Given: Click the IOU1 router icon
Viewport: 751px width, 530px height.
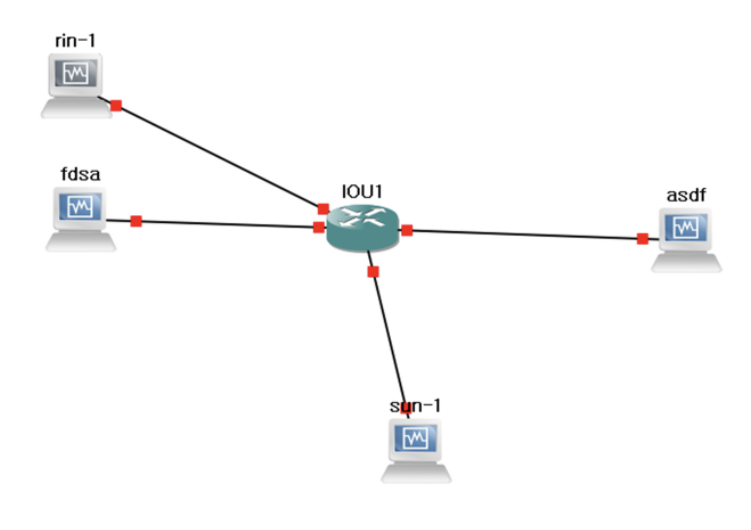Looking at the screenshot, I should pos(362,228).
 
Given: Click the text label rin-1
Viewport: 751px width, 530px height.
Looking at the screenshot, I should pos(75,41).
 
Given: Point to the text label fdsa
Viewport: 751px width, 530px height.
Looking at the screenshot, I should pos(80,174).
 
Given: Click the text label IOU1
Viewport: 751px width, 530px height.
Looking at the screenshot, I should pos(362,192).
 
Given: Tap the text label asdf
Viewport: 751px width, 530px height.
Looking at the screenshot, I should pos(686,195).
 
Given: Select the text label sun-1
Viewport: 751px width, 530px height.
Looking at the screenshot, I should pos(415,406).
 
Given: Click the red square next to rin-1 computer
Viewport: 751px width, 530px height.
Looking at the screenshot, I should pos(116,106).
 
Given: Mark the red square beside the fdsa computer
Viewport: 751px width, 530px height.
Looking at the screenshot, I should pos(136,221).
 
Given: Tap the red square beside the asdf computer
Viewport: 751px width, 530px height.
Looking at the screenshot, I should pos(642,239).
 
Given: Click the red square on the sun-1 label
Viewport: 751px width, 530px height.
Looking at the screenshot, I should pos(406,408).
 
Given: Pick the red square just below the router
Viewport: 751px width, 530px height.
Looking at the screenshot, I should pos(373,272).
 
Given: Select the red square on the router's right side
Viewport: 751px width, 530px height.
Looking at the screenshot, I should pos(407,230).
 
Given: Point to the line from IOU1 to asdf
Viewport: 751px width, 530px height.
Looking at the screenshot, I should pos(526,234).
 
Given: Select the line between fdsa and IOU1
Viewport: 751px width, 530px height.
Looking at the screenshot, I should pos(225,224).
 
